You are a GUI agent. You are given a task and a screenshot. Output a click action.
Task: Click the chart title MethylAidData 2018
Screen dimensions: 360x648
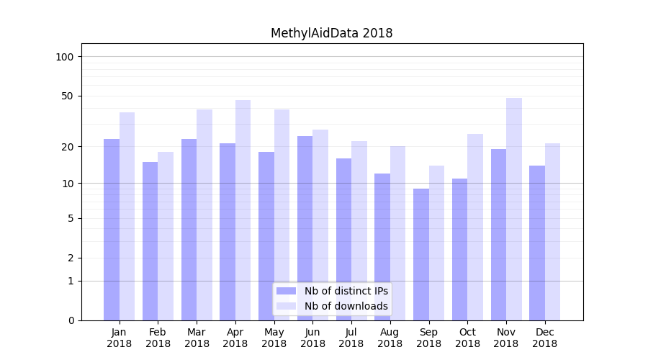coord(331,33)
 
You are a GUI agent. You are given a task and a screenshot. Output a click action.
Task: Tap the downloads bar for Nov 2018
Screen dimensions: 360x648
coord(514,209)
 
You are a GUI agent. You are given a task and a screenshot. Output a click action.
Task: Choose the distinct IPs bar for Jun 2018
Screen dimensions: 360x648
coord(305,228)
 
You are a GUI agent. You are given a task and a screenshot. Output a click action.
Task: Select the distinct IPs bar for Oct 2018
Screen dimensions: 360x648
coord(459,249)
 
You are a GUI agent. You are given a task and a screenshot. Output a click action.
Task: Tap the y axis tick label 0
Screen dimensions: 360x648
coord(71,320)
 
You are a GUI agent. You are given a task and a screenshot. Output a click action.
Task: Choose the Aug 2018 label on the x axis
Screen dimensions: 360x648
coord(390,338)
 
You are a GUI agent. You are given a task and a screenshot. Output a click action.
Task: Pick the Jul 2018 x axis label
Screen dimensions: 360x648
coord(351,338)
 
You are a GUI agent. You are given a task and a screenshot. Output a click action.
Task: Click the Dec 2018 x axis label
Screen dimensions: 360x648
coord(544,338)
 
